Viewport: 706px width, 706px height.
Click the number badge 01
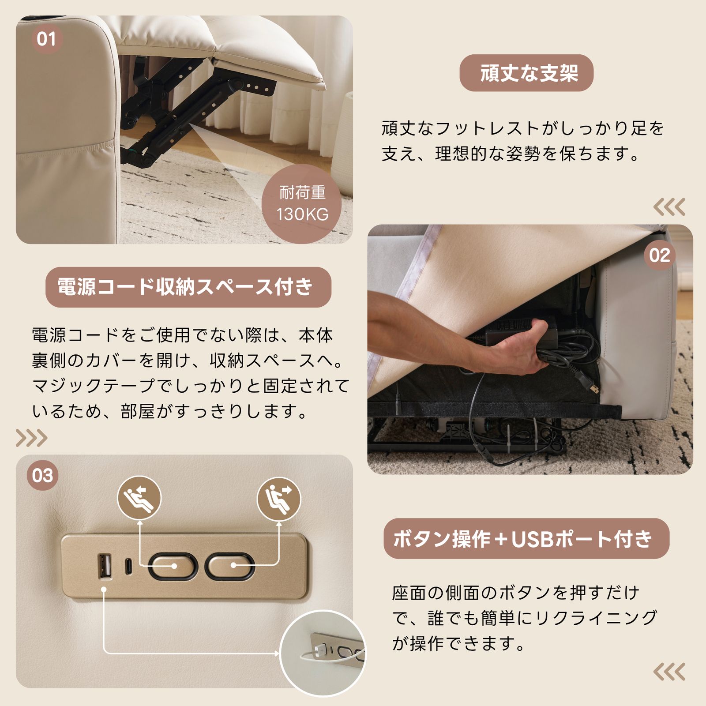pyautogui.click(x=46, y=39)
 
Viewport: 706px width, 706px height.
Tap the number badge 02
pyautogui.click(x=659, y=255)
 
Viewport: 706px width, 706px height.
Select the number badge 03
pyautogui.click(x=42, y=475)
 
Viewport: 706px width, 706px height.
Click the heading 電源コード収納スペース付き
pyautogui.click(x=188, y=287)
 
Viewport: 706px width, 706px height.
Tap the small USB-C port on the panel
pyautogui.click(x=128, y=566)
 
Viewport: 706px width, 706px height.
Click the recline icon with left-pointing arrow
pyautogui.click(x=139, y=498)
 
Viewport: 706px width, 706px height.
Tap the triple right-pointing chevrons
pyautogui.click(x=31, y=438)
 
